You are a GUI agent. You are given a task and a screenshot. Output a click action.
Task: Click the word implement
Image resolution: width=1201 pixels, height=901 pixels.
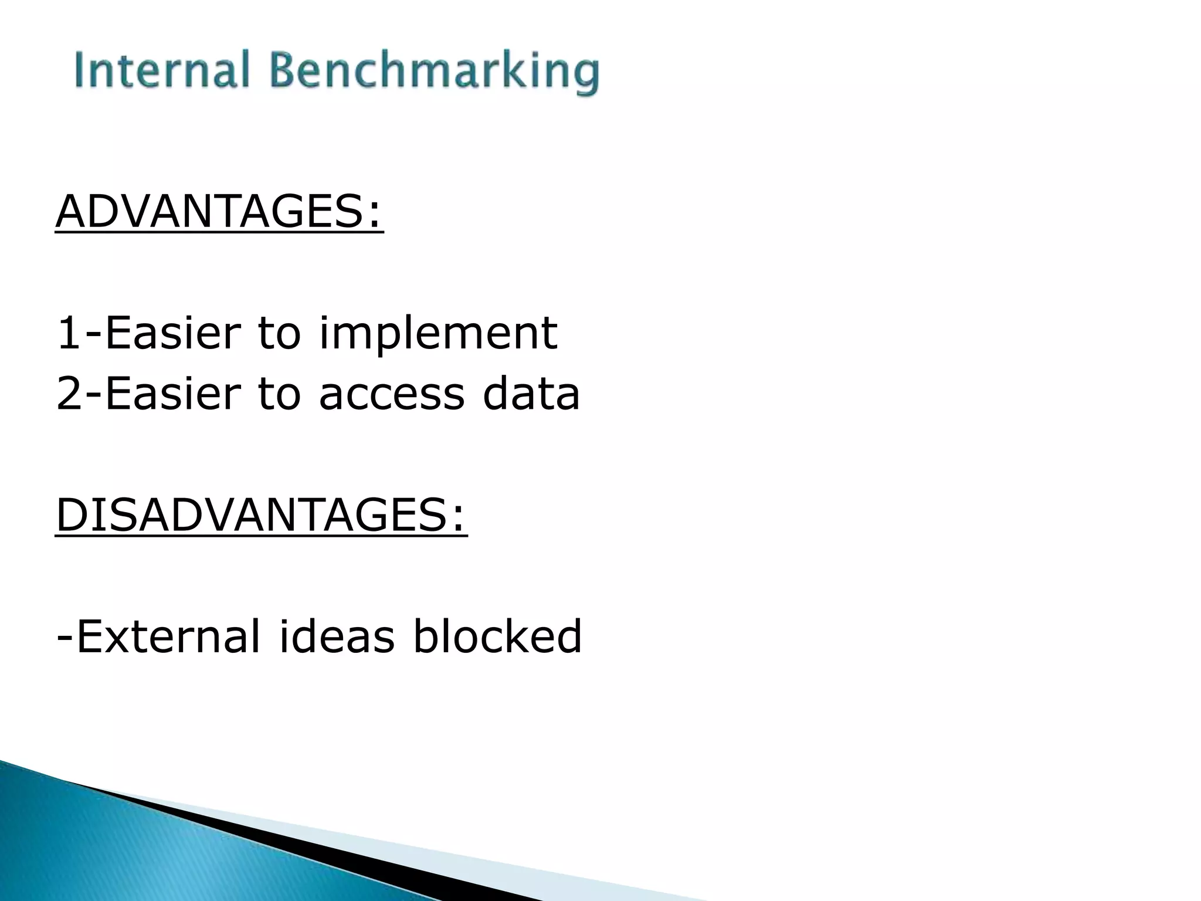438,334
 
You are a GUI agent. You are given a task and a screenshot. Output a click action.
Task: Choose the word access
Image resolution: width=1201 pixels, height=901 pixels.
392,395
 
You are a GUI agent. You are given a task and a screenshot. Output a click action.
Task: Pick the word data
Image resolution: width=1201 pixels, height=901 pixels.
531,394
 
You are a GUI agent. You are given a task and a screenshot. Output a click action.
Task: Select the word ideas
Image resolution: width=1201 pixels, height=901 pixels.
337,636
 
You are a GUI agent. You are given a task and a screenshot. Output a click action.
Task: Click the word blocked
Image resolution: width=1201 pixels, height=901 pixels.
497,636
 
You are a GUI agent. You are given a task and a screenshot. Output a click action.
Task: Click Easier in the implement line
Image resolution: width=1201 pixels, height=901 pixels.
173,333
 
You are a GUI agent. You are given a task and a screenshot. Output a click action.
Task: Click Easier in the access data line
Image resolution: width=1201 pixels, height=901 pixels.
173,394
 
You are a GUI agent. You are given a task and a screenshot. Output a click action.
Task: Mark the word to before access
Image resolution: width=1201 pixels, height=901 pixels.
279,394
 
